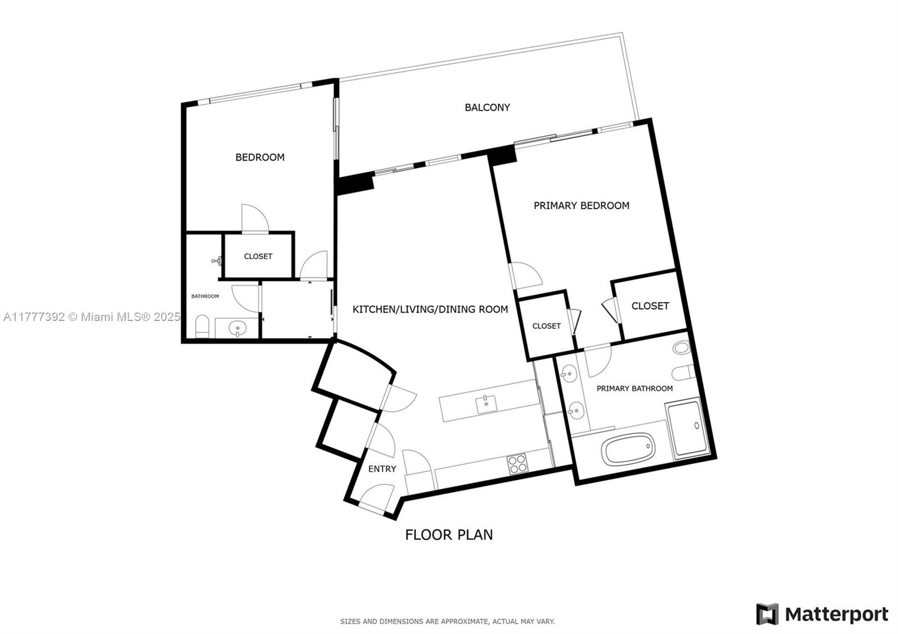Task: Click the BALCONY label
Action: pyautogui.click(x=487, y=107)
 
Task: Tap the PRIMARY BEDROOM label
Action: pyautogui.click(x=581, y=205)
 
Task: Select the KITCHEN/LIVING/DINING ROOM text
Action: pyautogui.click(x=430, y=309)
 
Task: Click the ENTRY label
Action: pyautogui.click(x=382, y=468)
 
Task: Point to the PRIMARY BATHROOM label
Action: pyautogui.click(x=635, y=388)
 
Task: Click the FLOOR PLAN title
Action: pyautogui.click(x=448, y=535)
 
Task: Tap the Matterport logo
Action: pyautogui.click(x=822, y=614)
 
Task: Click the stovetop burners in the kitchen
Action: pyautogui.click(x=517, y=464)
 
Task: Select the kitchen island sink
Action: pyautogui.click(x=486, y=404)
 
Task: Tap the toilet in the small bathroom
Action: pyautogui.click(x=202, y=327)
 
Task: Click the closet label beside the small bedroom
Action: pyautogui.click(x=258, y=256)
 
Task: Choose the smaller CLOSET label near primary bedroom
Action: pyautogui.click(x=547, y=326)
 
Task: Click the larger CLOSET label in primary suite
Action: pyautogui.click(x=650, y=306)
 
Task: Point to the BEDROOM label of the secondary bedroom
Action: pyautogui.click(x=260, y=157)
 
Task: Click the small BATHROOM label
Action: pyautogui.click(x=205, y=296)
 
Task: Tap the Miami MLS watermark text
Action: pyautogui.click(x=92, y=317)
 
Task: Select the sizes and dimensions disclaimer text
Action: pyautogui.click(x=447, y=622)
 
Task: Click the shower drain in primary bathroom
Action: pyautogui.click(x=697, y=425)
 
